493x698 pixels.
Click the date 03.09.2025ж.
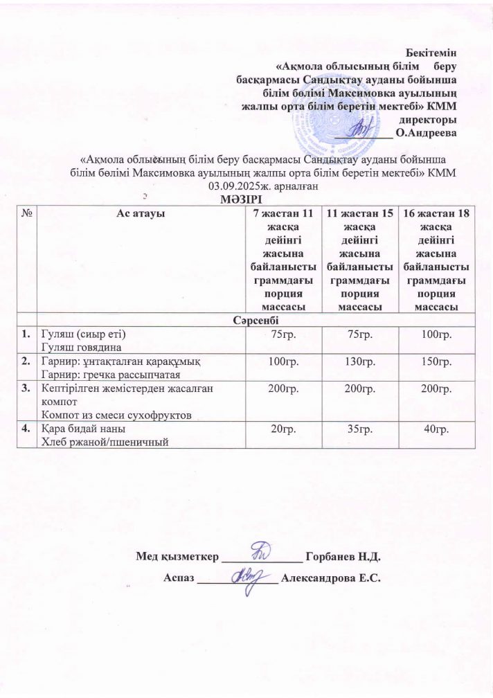[235, 186]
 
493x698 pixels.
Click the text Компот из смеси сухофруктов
[114, 414]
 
